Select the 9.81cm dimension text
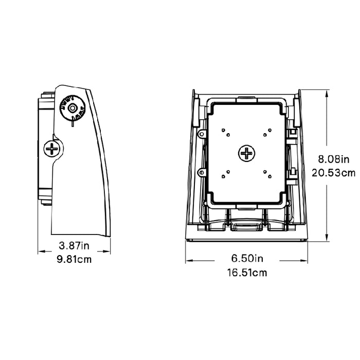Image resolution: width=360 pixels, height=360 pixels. [74, 260]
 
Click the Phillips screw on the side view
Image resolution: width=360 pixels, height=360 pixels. [52, 149]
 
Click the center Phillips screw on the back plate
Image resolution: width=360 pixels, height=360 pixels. [247, 153]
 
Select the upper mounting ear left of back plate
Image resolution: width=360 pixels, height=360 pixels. [203, 134]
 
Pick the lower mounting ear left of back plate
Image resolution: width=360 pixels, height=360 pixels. [203, 171]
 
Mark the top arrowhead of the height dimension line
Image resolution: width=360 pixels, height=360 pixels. [328, 91]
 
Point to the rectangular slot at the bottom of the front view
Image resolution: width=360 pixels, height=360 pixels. [246, 226]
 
